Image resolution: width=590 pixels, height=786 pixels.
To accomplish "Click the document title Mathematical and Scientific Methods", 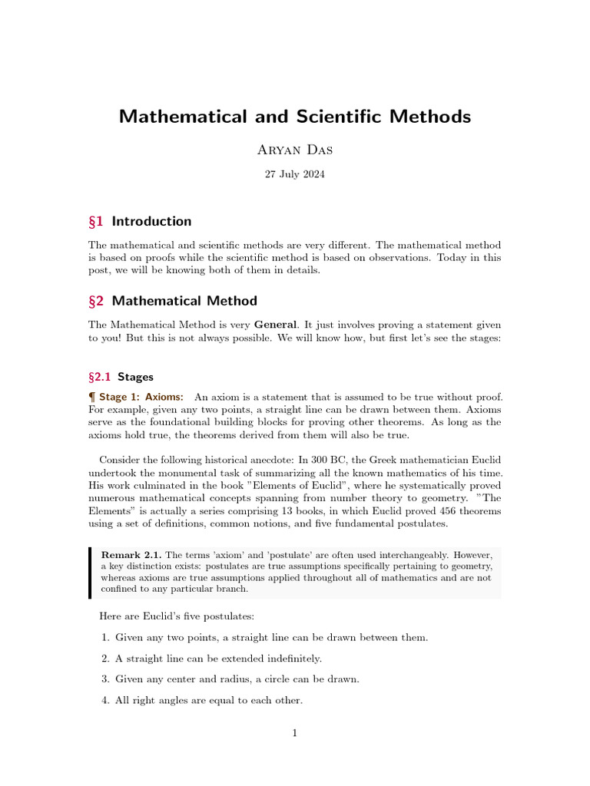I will [294, 117].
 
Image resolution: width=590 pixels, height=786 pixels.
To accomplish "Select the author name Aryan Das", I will [294, 150].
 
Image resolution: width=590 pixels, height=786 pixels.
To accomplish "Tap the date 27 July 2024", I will [294, 174].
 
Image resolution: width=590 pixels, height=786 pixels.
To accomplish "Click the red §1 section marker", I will [97, 222].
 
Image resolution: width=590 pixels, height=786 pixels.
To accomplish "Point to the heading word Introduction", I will [151, 222].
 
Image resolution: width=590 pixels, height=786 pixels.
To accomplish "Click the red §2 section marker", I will [97, 301].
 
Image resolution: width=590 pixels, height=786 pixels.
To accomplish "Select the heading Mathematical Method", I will [184, 301].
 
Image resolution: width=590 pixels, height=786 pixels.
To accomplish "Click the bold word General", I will [275, 325].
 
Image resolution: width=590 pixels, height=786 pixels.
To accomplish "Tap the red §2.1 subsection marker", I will [101, 377].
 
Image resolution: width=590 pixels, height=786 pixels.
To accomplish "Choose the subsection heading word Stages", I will [135, 377].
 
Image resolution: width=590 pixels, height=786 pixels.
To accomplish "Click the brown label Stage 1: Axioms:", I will [141, 397].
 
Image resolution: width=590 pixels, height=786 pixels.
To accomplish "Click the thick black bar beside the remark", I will [90, 572].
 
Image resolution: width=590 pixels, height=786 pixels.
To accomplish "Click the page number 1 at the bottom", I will [294, 734].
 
